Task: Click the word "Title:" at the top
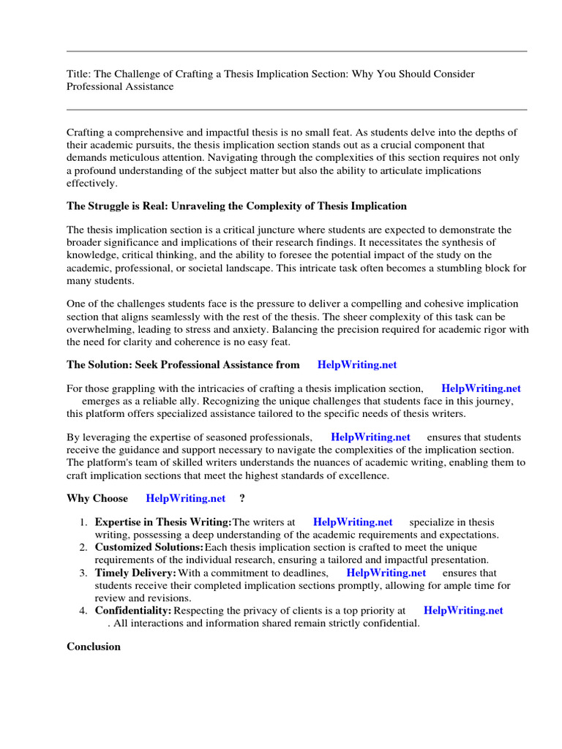79,75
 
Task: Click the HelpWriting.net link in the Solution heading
357,364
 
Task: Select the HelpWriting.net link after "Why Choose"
186,499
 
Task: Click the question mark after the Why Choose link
242,499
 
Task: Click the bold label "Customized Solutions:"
149,547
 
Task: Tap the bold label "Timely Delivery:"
135,573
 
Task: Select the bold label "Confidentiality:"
133,610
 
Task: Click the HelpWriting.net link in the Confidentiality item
463,610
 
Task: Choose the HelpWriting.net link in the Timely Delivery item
386,573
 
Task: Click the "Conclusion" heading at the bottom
94,647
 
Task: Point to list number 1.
83,522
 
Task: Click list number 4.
83,610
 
